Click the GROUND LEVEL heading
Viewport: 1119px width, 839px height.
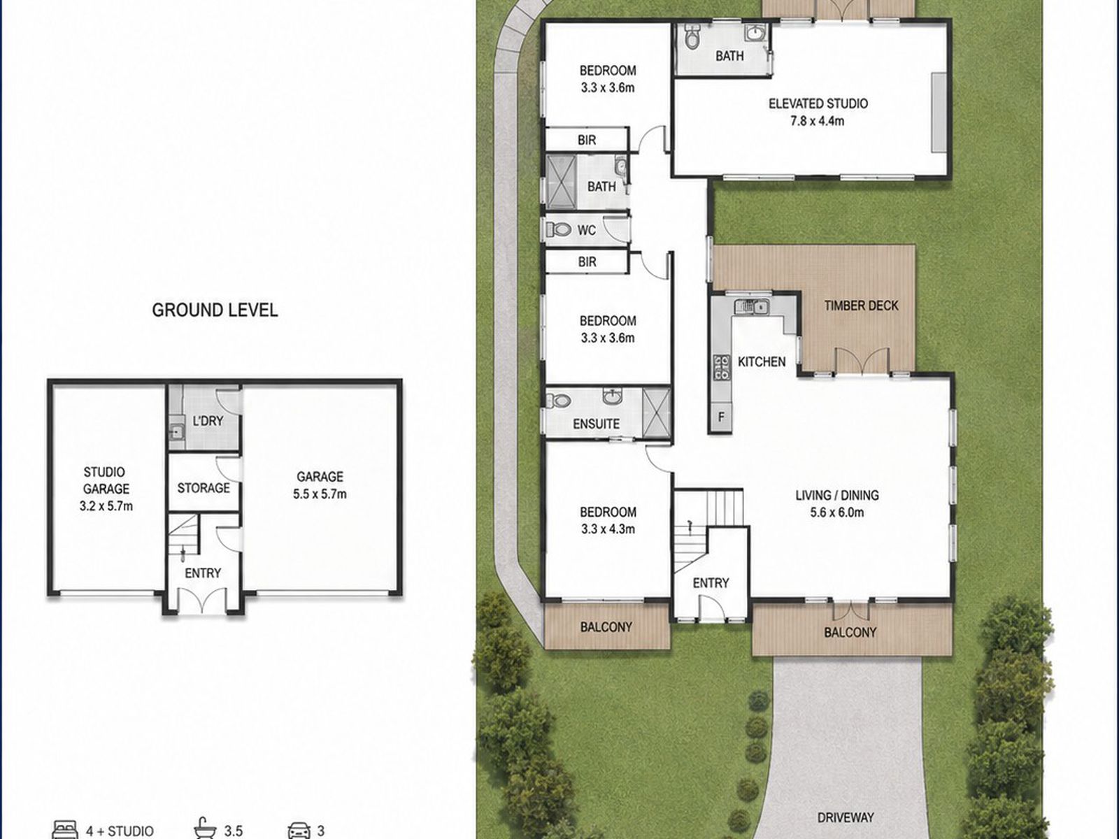point(215,310)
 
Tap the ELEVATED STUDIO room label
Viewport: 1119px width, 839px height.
point(818,103)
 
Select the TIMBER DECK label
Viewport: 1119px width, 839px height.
point(861,306)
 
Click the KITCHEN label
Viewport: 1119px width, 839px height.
point(762,361)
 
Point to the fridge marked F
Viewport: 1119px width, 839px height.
point(721,417)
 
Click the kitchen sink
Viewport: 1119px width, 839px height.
point(752,307)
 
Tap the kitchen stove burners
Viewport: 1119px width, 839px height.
point(721,368)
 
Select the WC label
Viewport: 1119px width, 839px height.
point(586,230)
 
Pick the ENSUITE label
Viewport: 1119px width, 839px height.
point(596,424)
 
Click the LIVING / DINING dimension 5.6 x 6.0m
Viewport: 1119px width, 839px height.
point(837,512)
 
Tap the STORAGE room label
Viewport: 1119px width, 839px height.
point(204,488)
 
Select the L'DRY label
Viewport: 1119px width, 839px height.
point(208,421)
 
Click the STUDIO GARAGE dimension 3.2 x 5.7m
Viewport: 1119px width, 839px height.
point(106,506)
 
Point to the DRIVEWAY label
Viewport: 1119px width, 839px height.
point(846,817)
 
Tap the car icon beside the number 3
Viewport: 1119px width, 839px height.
point(299,830)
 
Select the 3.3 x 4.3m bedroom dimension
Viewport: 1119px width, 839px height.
point(608,529)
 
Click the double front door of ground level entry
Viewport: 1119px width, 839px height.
point(202,600)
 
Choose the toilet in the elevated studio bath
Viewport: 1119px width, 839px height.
point(691,36)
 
